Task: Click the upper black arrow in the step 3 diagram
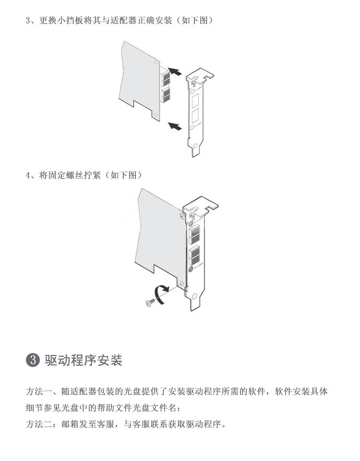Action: tap(177, 72)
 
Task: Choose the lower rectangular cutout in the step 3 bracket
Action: tap(196, 117)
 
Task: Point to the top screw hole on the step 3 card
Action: tap(155, 62)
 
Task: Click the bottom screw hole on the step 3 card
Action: tap(155, 114)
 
